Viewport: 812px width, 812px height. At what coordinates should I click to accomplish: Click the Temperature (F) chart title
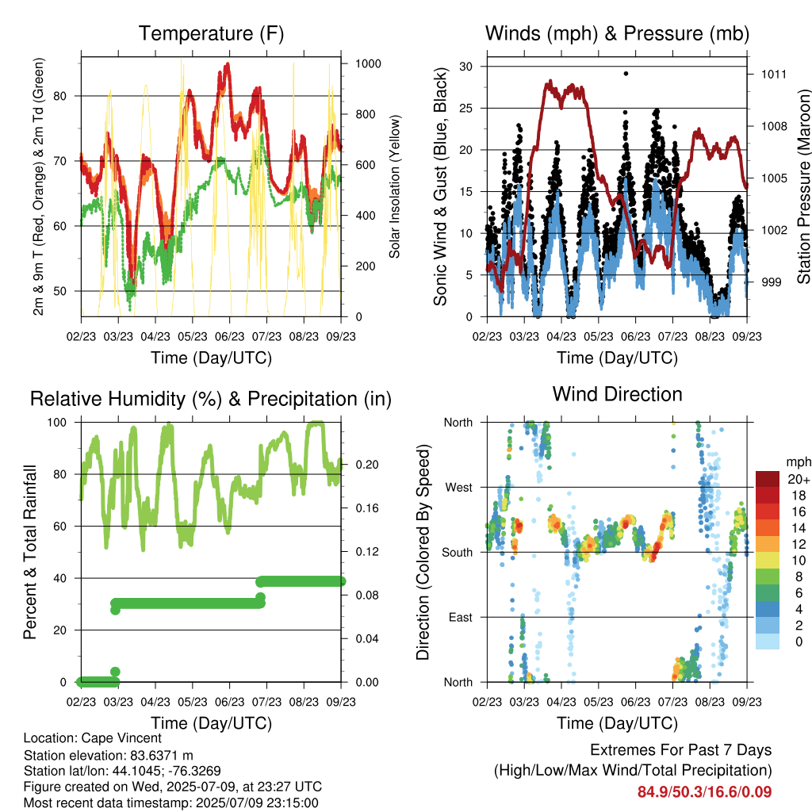tap(211, 33)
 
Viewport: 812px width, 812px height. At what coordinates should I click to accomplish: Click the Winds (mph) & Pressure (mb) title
tap(617, 33)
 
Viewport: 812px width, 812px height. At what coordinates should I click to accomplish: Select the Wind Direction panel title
tap(617, 394)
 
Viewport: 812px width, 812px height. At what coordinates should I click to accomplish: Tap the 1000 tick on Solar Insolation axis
tap(368, 63)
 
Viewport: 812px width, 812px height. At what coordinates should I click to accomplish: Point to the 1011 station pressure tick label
tap(774, 74)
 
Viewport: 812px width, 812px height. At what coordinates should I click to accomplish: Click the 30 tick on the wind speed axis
tap(465, 67)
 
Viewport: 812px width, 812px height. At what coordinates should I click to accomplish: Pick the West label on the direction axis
tap(459, 488)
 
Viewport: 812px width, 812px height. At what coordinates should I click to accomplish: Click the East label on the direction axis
tap(461, 617)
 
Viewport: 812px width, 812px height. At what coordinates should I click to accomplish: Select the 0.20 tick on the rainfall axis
tap(367, 465)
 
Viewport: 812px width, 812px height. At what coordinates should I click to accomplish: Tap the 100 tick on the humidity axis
tap(57, 422)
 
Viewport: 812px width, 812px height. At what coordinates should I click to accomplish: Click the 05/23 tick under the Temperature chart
tap(192, 336)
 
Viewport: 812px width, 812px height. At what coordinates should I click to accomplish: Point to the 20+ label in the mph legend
tap(799, 479)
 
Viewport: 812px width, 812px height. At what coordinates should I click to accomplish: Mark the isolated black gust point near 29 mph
tap(626, 74)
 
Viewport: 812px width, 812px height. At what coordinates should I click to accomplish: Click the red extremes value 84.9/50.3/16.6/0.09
tap(704, 792)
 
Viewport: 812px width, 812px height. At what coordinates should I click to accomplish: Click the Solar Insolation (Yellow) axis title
tap(395, 186)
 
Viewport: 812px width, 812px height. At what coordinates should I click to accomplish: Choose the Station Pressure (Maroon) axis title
tap(803, 186)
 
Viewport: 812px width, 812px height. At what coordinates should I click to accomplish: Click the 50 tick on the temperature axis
tap(60, 291)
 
